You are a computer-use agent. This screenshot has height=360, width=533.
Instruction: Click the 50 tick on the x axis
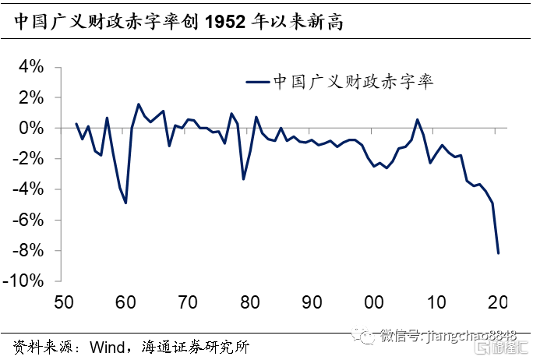click(x=63, y=302)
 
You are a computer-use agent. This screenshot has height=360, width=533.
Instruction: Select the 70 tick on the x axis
click(x=188, y=302)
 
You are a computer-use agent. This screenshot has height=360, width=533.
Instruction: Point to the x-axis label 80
click(x=249, y=302)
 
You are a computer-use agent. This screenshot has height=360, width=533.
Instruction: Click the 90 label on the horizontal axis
click(x=312, y=302)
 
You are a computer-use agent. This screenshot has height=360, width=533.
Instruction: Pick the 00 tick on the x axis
click(x=374, y=302)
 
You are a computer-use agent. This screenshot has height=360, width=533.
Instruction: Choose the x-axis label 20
click(x=498, y=302)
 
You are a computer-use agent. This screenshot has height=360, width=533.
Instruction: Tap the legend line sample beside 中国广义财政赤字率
click(x=256, y=81)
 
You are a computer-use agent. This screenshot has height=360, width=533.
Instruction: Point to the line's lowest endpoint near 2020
click(x=498, y=252)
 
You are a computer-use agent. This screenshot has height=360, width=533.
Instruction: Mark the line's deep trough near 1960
click(x=125, y=203)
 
